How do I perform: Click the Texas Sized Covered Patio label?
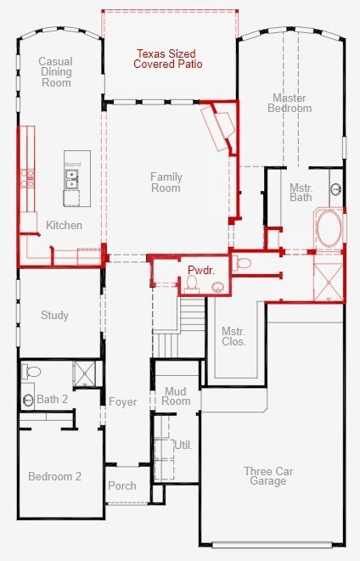click(168, 59)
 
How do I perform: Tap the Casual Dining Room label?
click(56, 72)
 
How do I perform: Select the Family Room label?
click(166, 182)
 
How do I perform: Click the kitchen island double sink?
click(71, 179)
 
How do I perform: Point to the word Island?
click(73, 164)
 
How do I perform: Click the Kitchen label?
click(64, 226)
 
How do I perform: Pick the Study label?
click(54, 315)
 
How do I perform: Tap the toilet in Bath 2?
click(31, 372)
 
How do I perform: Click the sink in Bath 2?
click(28, 400)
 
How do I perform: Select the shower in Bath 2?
click(84, 373)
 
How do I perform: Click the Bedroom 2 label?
click(54, 477)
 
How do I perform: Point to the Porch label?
click(122, 485)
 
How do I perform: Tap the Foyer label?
click(123, 401)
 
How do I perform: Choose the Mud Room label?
click(176, 396)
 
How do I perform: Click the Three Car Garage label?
click(268, 476)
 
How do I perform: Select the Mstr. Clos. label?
click(234, 336)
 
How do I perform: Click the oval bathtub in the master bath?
click(329, 229)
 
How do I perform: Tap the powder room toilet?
click(192, 283)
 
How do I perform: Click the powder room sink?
click(217, 287)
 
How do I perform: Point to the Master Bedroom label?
click(290, 103)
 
